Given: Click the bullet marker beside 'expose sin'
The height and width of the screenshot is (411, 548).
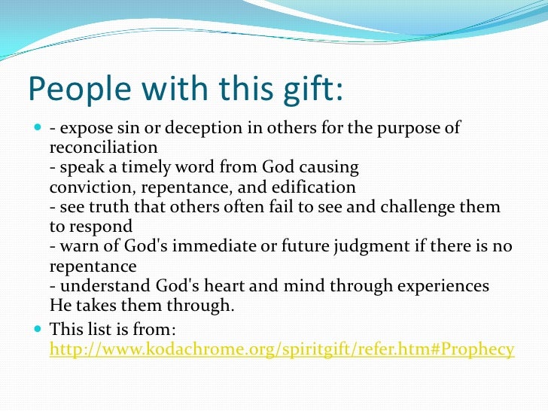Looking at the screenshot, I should point(38,128).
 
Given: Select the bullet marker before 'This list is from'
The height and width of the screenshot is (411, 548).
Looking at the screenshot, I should point(38,328).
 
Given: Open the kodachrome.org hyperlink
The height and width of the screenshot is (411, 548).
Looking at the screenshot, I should point(282,349).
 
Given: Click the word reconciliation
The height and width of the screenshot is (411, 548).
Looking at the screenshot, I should point(103,147).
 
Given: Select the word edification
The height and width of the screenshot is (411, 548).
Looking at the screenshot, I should point(316,187).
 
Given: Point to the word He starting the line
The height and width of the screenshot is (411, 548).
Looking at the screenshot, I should point(59,306).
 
